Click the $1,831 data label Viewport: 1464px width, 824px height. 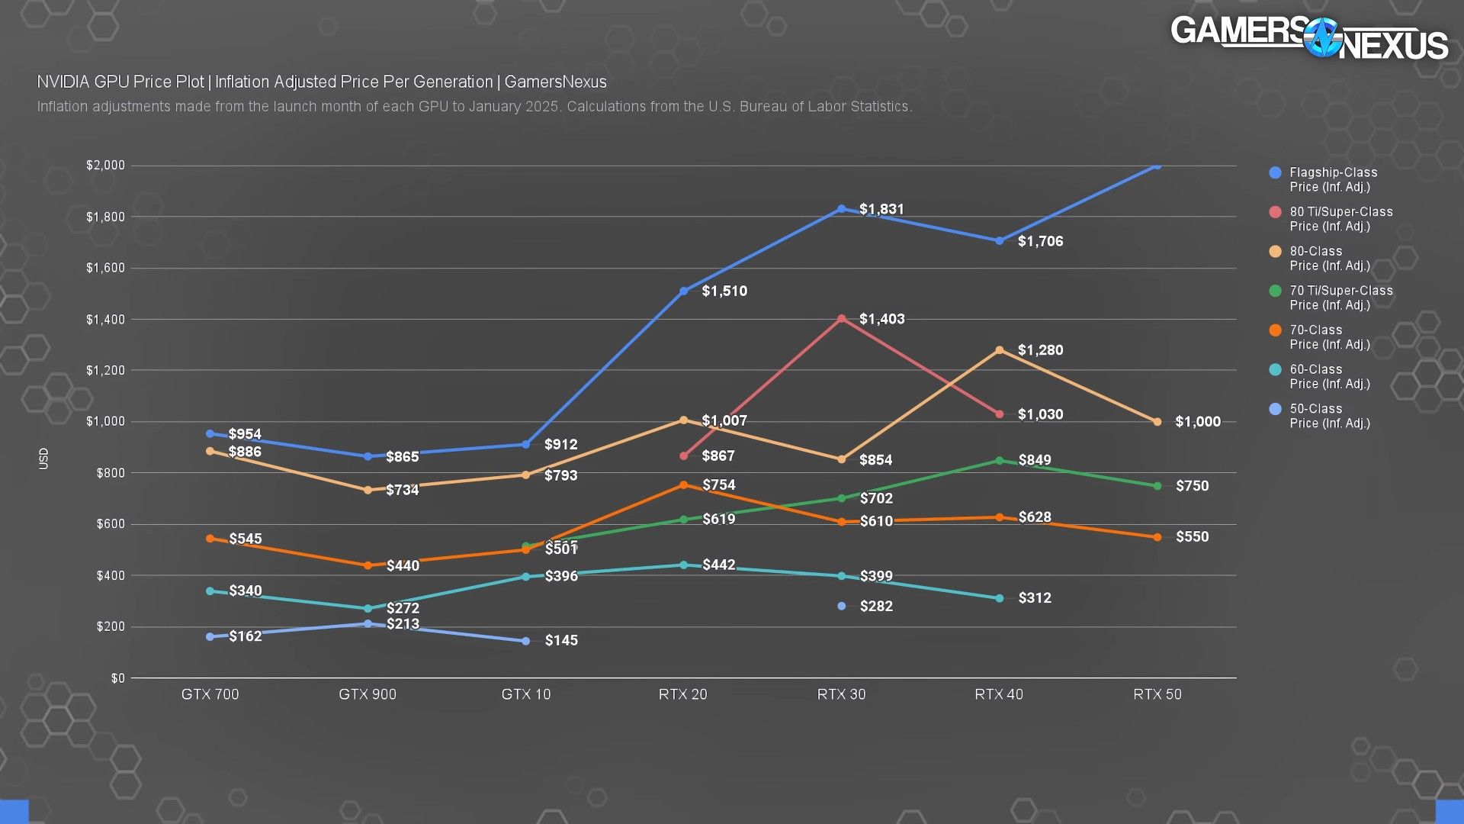881,209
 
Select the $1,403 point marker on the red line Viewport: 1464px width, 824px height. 842,319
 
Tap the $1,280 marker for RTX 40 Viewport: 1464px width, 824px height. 1000,350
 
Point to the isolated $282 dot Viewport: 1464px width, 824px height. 842,607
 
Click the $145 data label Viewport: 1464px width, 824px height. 561,641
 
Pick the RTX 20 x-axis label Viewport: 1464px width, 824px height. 683,694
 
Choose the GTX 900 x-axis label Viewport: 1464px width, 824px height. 368,694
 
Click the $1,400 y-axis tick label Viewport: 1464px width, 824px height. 105,320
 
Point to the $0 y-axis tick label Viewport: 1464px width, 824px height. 117,678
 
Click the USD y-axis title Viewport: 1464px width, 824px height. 43,459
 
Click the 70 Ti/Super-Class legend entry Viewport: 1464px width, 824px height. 1340,298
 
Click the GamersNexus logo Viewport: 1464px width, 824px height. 1308,38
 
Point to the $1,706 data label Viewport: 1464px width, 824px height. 1040,242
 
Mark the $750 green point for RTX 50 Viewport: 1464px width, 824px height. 1157,486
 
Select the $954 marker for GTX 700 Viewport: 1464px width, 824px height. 210,434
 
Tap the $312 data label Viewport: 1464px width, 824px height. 1035,598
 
